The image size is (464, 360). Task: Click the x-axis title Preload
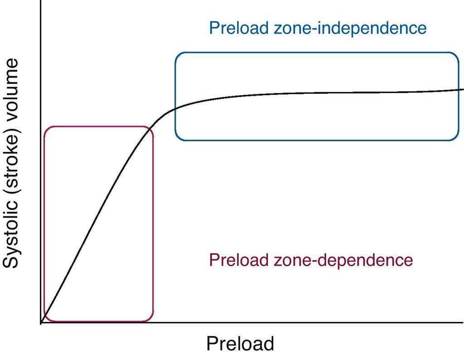[x=240, y=344]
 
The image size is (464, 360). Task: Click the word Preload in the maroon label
[x=238, y=260]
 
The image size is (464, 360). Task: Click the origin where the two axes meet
[x=41, y=323]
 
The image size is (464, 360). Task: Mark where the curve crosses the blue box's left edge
[x=175, y=108]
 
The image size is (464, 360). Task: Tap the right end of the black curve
[x=463, y=89]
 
